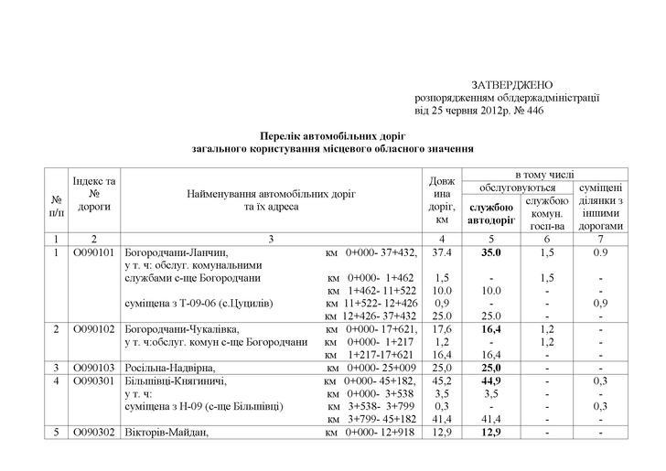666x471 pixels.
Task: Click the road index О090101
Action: [x=94, y=252]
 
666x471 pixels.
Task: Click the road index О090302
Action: [x=94, y=433]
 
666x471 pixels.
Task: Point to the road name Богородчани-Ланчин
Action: [x=175, y=252]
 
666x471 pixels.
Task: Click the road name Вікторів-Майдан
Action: [x=166, y=433]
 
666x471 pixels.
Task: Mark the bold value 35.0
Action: [x=492, y=252]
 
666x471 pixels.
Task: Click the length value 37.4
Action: [x=442, y=252]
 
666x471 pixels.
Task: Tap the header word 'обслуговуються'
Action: [x=519, y=187]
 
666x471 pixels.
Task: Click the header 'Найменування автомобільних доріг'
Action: [x=272, y=195]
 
